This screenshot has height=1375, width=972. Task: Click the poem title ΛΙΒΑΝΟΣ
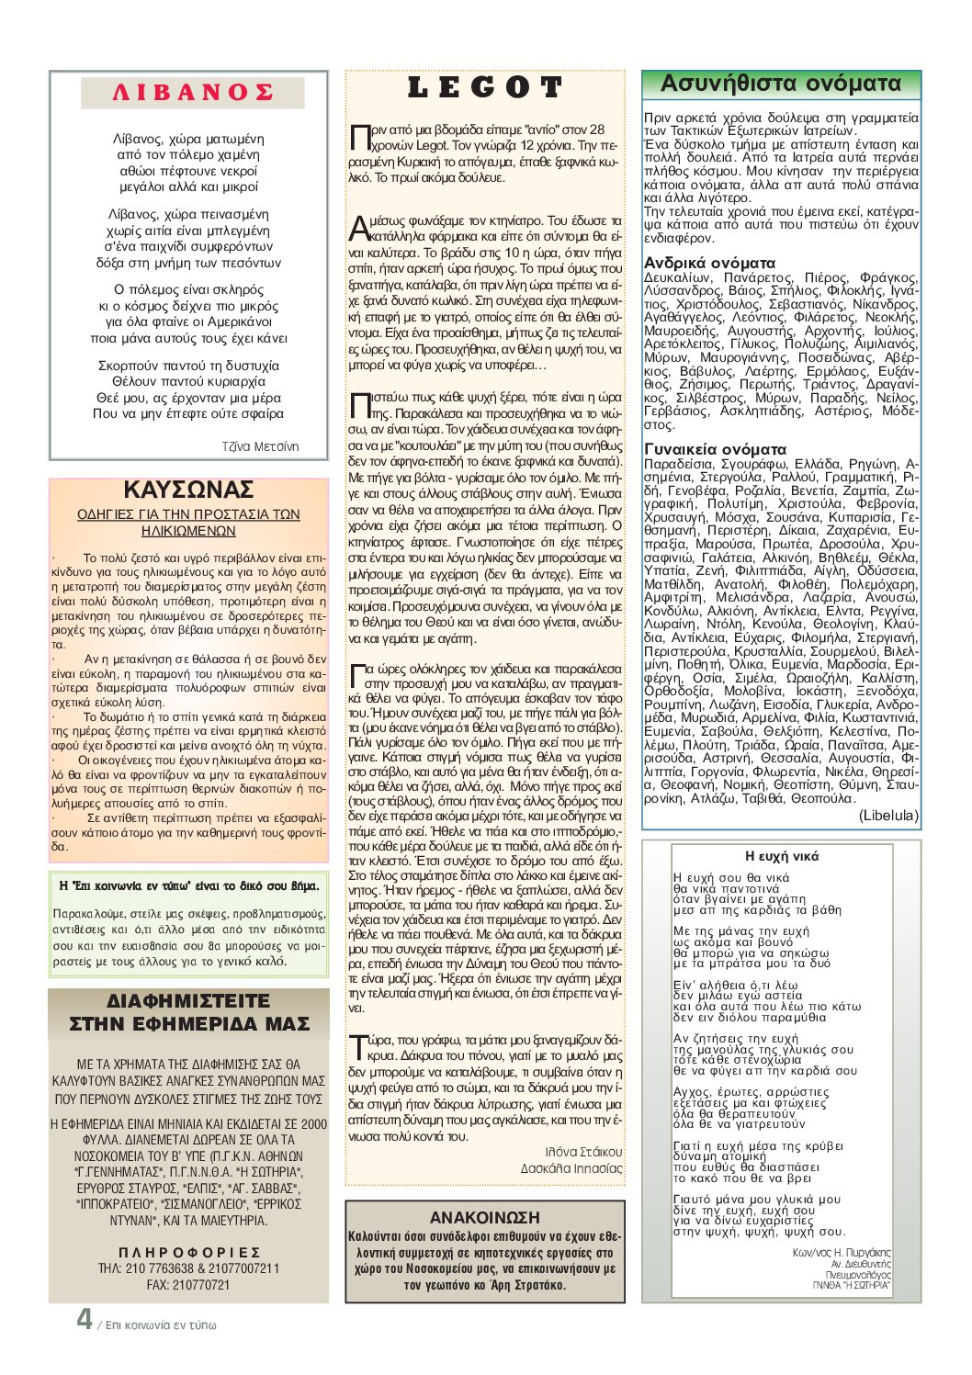click(x=192, y=93)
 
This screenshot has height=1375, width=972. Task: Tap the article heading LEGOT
click(x=484, y=88)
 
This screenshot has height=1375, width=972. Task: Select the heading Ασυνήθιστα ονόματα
click(x=781, y=84)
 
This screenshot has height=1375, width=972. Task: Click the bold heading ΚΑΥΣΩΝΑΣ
click(x=188, y=490)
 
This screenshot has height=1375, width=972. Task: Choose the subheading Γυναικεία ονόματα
click(x=715, y=449)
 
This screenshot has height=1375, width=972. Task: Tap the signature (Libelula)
click(x=887, y=815)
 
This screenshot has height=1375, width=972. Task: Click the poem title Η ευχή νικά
click(x=781, y=856)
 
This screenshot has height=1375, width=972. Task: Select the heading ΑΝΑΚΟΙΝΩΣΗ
click(x=484, y=1217)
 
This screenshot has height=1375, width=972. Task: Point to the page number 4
click(x=85, y=1320)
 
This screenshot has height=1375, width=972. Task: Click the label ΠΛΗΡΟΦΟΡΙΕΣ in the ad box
click(x=189, y=1252)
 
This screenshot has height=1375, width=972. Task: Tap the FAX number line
click(x=188, y=1284)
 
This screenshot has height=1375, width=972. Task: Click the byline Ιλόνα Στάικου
click(x=583, y=1152)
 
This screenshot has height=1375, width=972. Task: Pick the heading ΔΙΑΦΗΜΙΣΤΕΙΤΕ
click(x=188, y=1001)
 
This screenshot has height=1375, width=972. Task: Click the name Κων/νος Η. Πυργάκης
click(x=842, y=1252)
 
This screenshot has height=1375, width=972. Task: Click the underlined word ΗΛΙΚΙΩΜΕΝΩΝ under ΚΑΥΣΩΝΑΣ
click(x=188, y=531)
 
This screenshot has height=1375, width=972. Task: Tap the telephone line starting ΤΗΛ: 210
click(x=188, y=1268)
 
